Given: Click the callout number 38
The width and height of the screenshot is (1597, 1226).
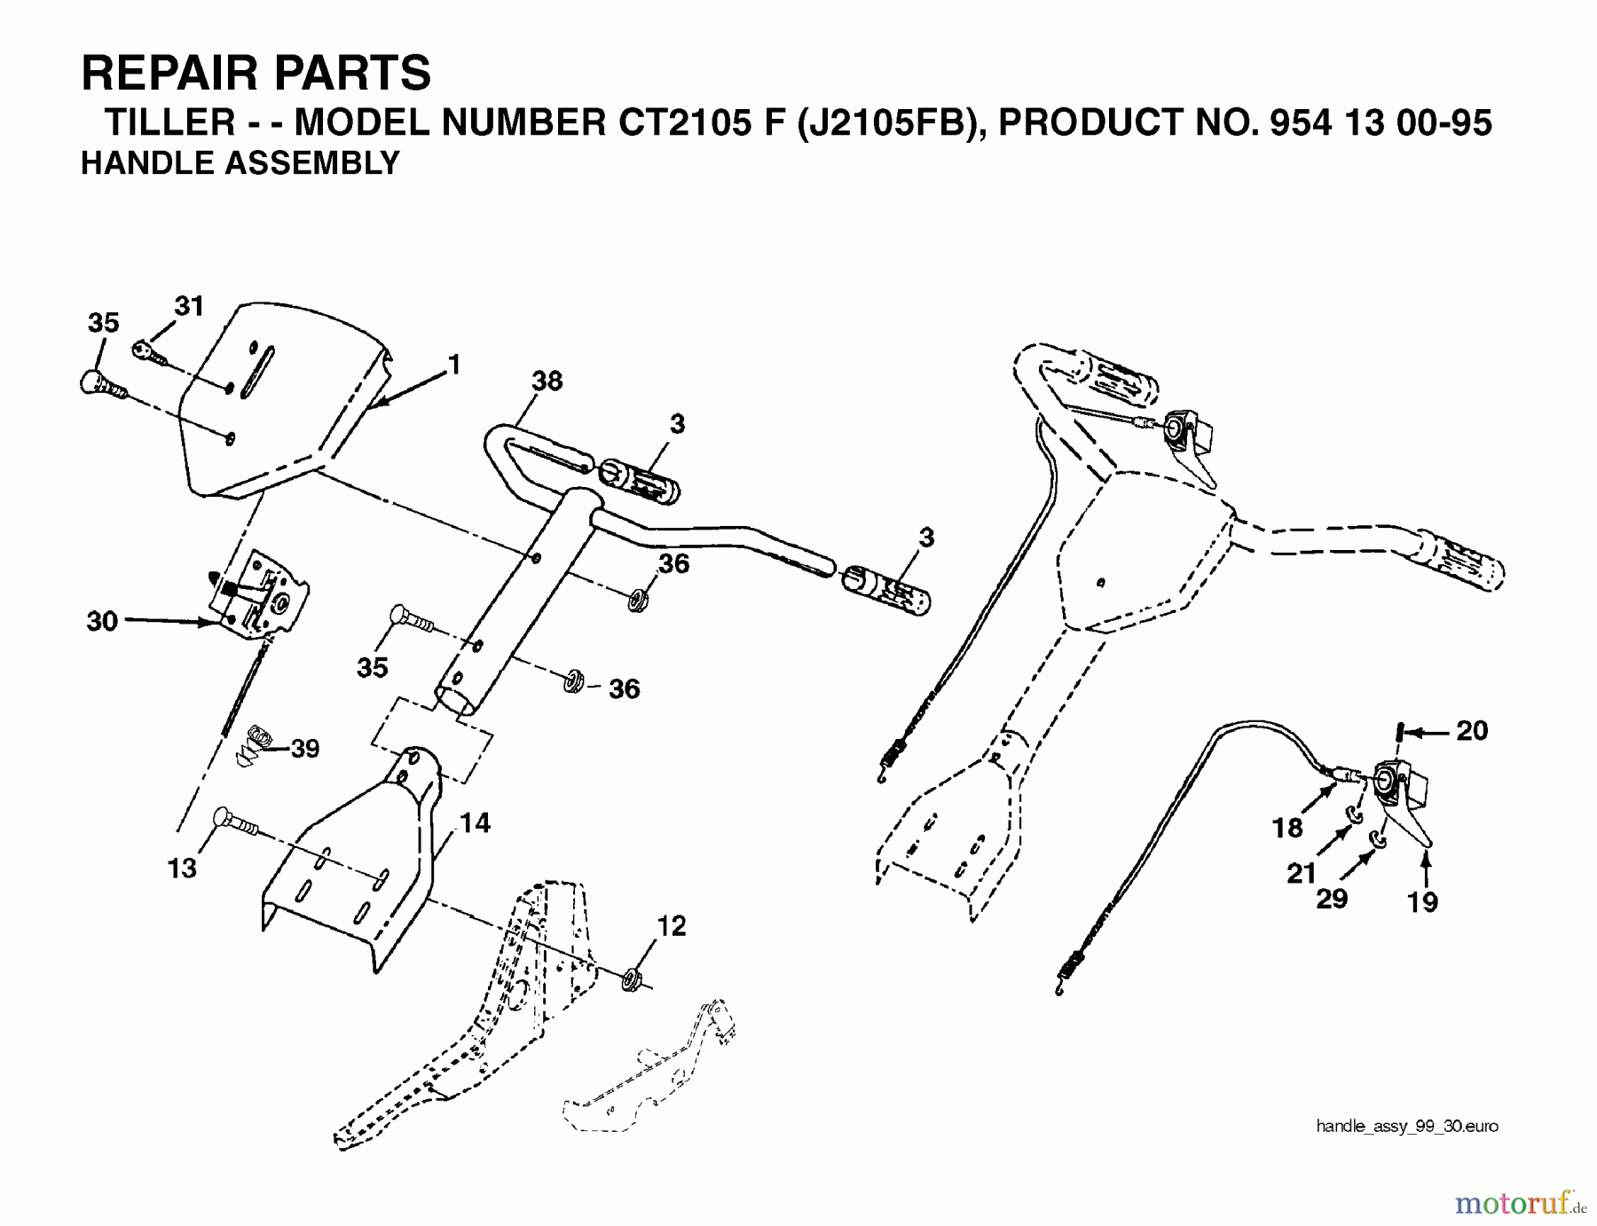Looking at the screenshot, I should click(547, 381).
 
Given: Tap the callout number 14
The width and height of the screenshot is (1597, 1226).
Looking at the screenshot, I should click(475, 823).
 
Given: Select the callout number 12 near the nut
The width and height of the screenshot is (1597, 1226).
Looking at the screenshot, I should click(672, 926).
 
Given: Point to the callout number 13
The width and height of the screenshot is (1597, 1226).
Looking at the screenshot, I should click(182, 868).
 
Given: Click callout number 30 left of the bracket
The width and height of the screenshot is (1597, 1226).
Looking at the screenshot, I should click(102, 621).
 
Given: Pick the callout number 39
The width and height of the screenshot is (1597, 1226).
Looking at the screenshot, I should click(304, 749).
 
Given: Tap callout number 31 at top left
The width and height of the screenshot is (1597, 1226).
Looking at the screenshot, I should click(189, 306).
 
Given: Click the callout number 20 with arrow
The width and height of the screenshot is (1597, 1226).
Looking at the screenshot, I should click(1472, 731).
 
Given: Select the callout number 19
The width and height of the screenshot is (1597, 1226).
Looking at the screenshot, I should click(1422, 902).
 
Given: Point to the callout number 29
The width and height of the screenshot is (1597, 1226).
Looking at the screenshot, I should click(1332, 900).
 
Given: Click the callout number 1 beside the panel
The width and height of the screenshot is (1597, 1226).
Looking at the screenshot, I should click(454, 365).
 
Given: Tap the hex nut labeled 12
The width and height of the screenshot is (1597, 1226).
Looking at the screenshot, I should click(633, 980).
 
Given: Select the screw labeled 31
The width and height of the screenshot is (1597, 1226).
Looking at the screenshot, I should click(149, 352).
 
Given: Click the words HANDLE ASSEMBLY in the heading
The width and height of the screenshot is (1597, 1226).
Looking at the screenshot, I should click(240, 163).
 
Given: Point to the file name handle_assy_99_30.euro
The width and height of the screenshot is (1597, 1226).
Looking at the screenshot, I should click(1406, 1127).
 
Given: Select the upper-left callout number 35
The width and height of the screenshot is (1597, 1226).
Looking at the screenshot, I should click(103, 323).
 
